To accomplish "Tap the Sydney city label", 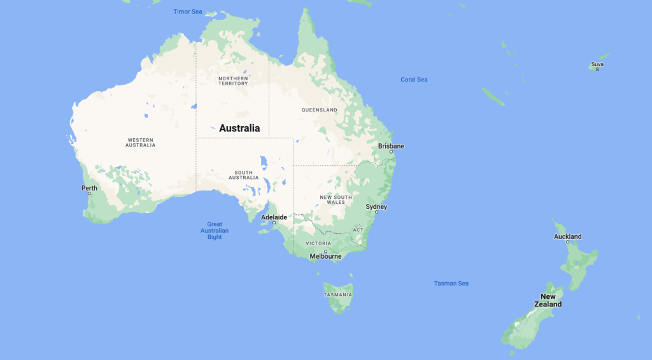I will [376, 206].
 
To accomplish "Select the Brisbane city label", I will [391, 146].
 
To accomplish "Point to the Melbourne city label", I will [325, 256].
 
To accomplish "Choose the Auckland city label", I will [567, 236].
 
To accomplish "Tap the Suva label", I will [597, 64].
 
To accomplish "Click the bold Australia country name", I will [239, 128].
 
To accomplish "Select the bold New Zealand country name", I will [548, 300].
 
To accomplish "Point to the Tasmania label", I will [337, 294].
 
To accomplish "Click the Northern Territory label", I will [232, 82].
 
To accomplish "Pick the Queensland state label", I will [320, 110].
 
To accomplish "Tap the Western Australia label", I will [141, 142].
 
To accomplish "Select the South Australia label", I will [243, 175].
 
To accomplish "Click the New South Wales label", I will [336, 199].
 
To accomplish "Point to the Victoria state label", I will [318, 243].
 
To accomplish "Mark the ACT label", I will [358, 229].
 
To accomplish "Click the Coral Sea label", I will [414, 80].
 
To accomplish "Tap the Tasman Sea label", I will [451, 283].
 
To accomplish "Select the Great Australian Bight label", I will [215, 230].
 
